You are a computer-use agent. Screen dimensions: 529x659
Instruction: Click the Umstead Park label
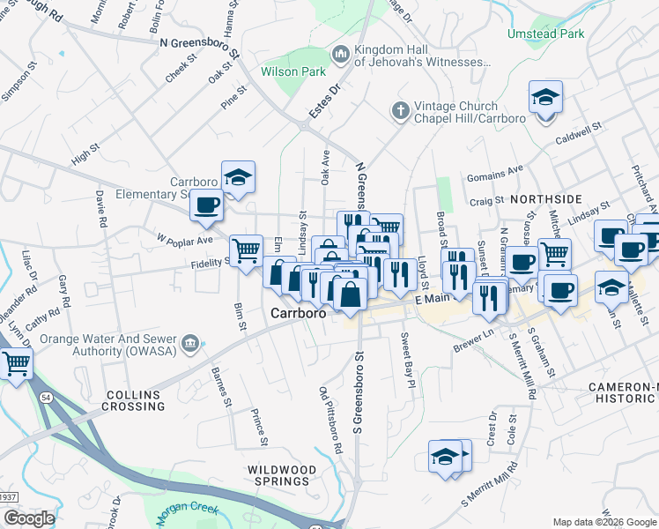(545, 34)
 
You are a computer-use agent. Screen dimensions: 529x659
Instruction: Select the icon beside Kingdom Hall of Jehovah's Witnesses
(341, 55)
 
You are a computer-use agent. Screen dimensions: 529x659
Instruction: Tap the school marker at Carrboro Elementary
(238, 177)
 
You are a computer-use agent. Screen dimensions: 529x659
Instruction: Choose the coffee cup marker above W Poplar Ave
(207, 206)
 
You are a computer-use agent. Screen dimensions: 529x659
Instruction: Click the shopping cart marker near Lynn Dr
(16, 361)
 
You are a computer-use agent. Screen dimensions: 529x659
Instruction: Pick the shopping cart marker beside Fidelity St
(246, 250)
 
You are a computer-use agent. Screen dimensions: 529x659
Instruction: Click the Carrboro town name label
(299, 313)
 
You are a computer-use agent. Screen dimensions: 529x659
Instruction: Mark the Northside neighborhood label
(545, 200)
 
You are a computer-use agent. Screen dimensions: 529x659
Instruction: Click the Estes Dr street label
(323, 104)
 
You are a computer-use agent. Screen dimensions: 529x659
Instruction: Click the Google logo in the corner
(28, 519)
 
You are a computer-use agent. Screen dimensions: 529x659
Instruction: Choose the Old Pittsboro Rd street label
(330, 420)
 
